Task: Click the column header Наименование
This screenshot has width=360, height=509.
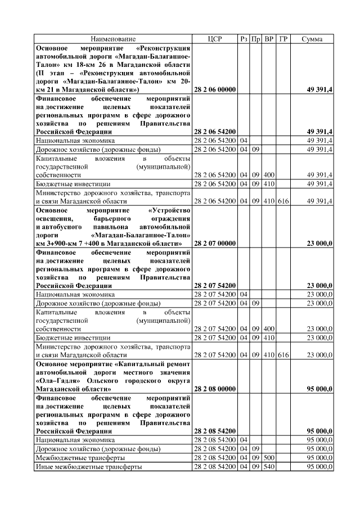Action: [x=114, y=39]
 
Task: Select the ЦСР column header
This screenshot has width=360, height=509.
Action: [x=215, y=39]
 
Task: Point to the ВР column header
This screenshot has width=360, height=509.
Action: [x=269, y=39]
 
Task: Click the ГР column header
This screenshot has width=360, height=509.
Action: [x=283, y=39]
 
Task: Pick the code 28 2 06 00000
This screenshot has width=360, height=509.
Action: [x=215, y=89]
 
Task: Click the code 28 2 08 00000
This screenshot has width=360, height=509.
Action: [x=215, y=389]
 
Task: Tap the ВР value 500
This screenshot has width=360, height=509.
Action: [x=269, y=458]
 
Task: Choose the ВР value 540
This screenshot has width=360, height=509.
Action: [x=269, y=467]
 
